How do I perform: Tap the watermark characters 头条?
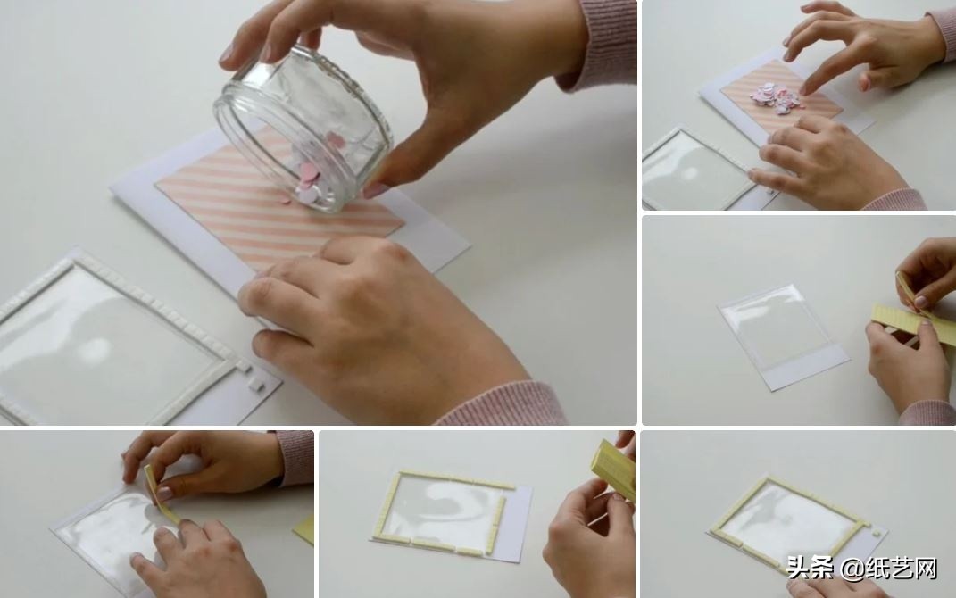[811, 569]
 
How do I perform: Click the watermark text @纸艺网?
[889, 569]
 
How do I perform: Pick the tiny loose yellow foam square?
[877, 533]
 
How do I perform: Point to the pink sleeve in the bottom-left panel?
[294, 457]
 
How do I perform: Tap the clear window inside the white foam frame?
[104, 341]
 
